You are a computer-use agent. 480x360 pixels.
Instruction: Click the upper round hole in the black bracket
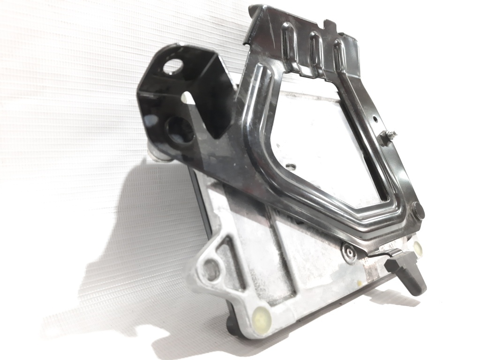174,66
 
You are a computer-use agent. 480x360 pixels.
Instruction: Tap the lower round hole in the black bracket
180,129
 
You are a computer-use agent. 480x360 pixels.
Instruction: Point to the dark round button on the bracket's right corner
419,210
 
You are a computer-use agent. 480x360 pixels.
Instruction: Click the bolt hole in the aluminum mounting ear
211,270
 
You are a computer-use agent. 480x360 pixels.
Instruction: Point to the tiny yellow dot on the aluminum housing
359,284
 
